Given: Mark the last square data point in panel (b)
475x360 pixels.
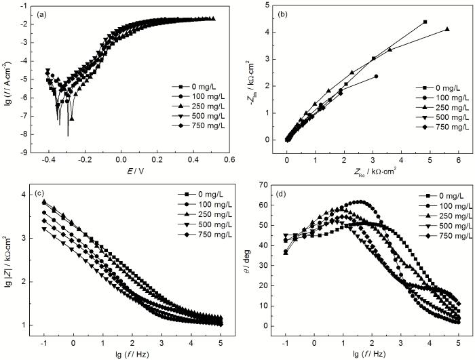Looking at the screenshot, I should (x=425, y=22).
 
